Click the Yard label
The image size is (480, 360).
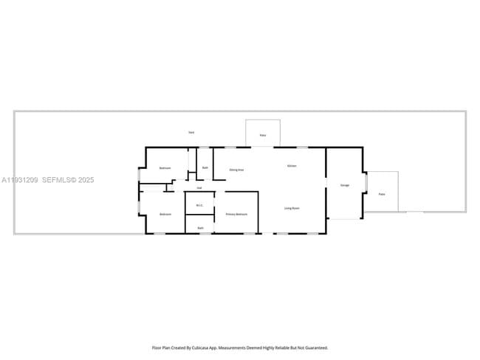pyautogui.click(x=191, y=132)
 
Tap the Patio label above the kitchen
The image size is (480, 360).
pyautogui.click(x=263, y=136)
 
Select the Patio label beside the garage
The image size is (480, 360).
pyautogui.click(x=382, y=194)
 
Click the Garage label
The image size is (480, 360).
pyautogui.click(x=344, y=185)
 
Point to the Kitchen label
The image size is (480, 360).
pyautogui.click(x=292, y=166)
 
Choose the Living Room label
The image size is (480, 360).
pyautogui.click(x=292, y=209)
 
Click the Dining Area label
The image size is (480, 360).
pyautogui.click(x=236, y=170)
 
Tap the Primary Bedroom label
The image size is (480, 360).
pyautogui.click(x=236, y=214)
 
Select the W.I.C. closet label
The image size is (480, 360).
pyautogui.click(x=199, y=205)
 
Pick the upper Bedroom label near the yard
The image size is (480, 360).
pyautogui.click(x=165, y=168)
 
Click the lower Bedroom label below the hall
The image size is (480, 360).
pyautogui.click(x=165, y=214)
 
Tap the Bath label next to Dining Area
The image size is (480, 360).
pyautogui.click(x=205, y=168)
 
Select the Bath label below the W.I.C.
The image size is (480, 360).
pyautogui.click(x=200, y=228)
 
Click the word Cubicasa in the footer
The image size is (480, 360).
pyautogui.click(x=202, y=347)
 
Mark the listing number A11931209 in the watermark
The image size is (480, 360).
pyautogui.click(x=19, y=179)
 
